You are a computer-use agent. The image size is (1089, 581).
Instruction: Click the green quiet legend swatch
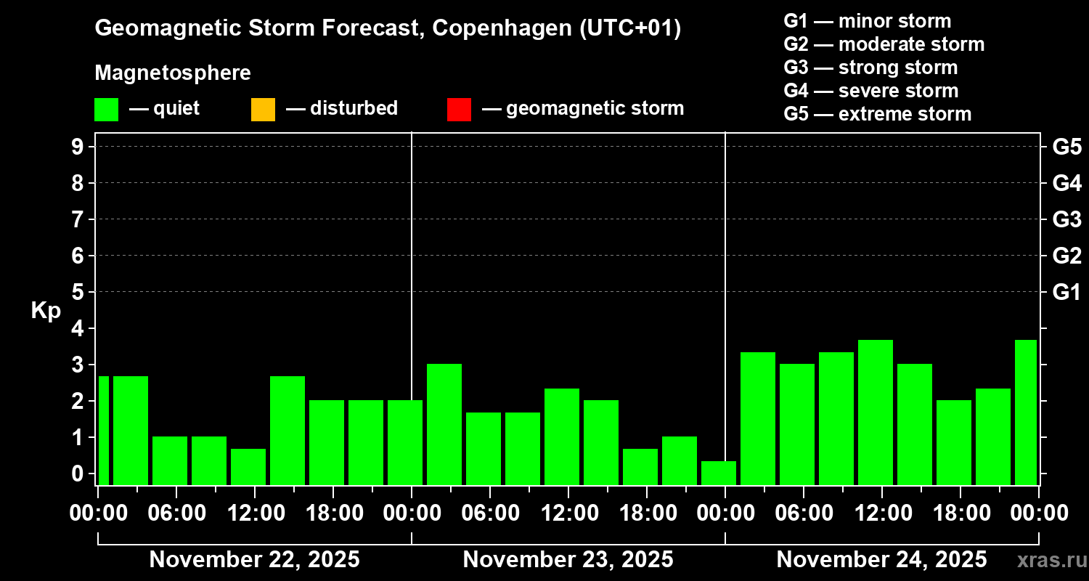coord(106,109)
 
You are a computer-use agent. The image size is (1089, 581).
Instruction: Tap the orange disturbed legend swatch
coord(263,109)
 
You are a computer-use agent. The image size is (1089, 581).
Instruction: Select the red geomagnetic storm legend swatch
coord(459,109)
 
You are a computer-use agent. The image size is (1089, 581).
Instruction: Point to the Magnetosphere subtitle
coord(173,73)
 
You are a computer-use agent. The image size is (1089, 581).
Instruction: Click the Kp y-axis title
coord(46,310)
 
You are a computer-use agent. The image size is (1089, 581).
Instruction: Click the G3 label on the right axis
coord(1066,219)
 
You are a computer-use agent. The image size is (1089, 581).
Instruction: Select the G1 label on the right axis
coord(1066,292)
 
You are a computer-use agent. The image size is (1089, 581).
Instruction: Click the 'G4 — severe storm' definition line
coord(871,91)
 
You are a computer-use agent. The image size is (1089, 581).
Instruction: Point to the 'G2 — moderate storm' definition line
coord(884,44)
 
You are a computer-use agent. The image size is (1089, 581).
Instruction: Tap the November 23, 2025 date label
coord(568,560)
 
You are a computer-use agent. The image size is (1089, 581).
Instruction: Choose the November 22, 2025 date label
coord(254,560)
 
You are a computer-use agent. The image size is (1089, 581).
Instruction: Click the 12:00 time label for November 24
coord(881,513)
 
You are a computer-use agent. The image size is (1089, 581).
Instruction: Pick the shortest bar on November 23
coord(719,472)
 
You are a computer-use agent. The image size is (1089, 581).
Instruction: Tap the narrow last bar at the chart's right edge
coord(1026,412)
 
